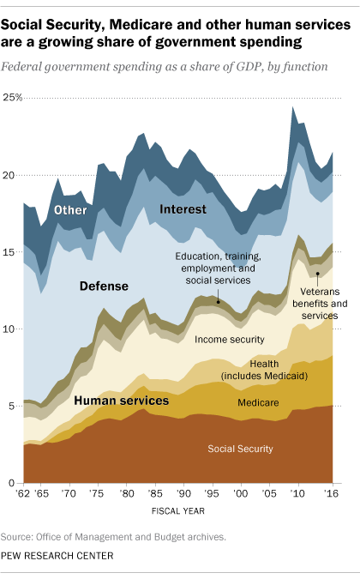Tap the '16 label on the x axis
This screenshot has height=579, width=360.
point(331,496)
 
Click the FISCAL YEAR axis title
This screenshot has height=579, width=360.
point(179,515)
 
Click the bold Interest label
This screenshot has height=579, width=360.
point(183,209)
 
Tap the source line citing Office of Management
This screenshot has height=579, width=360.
point(113,538)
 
